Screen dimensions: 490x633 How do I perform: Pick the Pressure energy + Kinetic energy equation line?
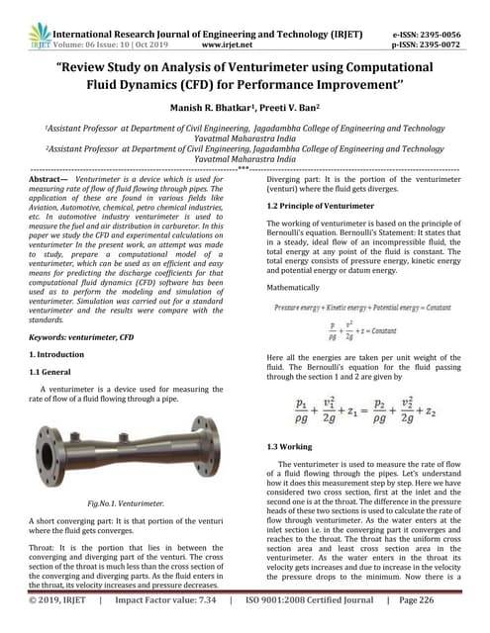tap(367, 311)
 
